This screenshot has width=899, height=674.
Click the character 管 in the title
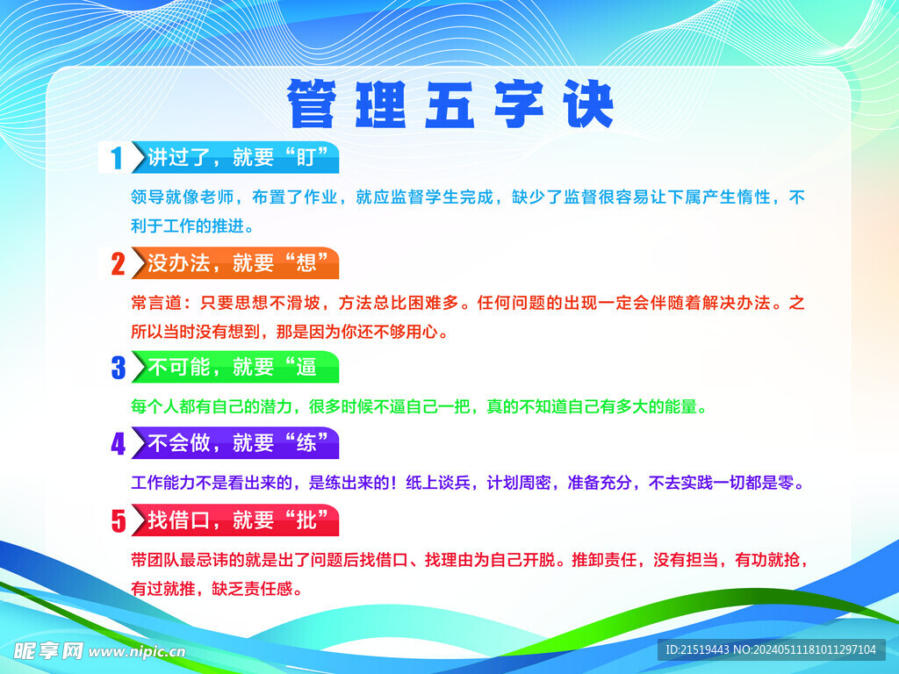(x=312, y=104)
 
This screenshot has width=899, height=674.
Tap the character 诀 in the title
(x=589, y=104)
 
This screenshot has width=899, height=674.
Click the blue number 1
(x=117, y=158)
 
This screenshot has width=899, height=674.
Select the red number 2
(x=119, y=263)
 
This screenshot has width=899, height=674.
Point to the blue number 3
(x=119, y=368)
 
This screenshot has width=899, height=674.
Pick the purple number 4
(x=119, y=443)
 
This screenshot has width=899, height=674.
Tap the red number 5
(x=119, y=520)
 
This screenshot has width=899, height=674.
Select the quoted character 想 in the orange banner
(x=306, y=263)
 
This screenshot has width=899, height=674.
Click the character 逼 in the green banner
(x=306, y=367)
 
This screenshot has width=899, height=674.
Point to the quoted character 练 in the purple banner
(x=306, y=443)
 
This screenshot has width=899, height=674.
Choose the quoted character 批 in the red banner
(x=306, y=520)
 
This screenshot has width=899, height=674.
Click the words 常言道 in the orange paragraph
(x=156, y=303)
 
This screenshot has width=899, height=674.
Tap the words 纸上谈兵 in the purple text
(x=439, y=483)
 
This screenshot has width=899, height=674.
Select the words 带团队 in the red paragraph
(x=155, y=559)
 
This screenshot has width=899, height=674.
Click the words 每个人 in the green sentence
(x=155, y=406)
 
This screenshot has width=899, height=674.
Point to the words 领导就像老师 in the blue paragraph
(x=183, y=197)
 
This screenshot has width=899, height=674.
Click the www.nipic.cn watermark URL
(x=137, y=652)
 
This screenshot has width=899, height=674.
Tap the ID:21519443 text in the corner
(x=697, y=649)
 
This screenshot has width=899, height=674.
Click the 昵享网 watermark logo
(x=48, y=650)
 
